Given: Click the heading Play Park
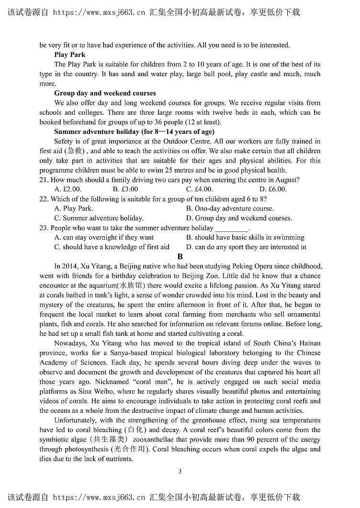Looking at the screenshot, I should point(70,55).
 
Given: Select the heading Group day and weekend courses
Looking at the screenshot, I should point(105,93).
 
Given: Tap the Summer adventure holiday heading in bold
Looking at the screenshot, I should point(134,132).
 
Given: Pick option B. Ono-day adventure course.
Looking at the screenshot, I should point(230,209).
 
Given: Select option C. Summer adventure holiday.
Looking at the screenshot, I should point(99,218).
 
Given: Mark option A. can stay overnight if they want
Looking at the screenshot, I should point(104,237).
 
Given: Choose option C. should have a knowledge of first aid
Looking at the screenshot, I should point(112,247).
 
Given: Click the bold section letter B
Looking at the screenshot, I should point(180,257).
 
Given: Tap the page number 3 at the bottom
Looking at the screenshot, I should point(180,472).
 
